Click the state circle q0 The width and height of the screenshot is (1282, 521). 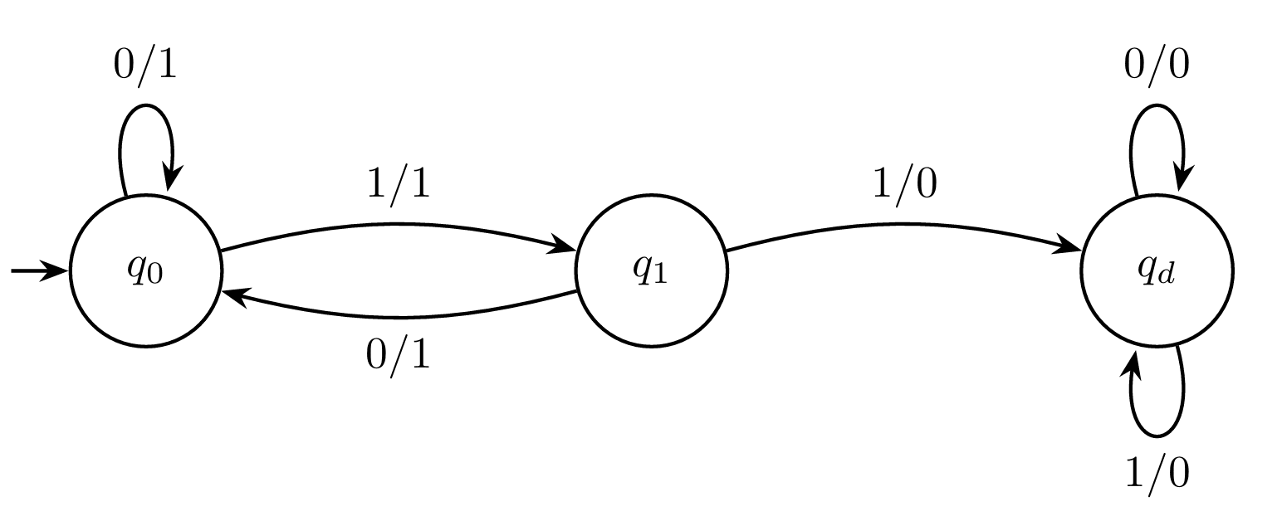point(145,271)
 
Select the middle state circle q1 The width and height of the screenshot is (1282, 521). point(652,271)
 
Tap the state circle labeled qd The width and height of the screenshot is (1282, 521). point(1157,271)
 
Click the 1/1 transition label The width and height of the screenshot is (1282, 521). point(399,183)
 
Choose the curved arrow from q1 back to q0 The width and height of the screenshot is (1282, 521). point(399,317)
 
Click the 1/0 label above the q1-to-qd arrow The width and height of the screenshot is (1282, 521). point(904,183)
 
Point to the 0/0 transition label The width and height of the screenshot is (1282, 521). point(1157,65)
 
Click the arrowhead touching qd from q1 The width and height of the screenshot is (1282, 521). point(1071,246)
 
